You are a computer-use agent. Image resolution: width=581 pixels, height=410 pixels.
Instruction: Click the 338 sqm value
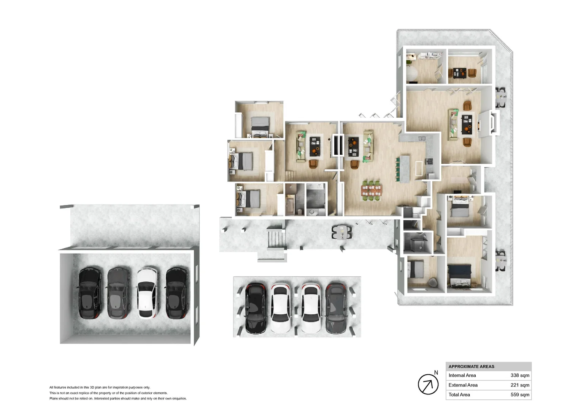[519, 375]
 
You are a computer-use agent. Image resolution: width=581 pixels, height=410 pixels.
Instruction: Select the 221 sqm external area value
[519, 385]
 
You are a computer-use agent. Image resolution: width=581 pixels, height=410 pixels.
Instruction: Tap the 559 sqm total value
[519, 395]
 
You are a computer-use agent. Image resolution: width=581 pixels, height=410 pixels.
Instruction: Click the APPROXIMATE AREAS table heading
[471, 366]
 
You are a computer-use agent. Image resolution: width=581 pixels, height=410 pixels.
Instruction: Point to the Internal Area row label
[462, 375]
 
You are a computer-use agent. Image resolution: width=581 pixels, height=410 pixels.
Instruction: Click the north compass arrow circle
[428, 384]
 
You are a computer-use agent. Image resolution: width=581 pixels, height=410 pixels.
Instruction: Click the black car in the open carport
[255, 308]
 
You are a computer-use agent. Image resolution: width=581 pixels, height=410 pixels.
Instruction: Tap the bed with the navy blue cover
[459, 275]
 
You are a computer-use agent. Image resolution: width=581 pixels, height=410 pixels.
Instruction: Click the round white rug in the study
[411, 74]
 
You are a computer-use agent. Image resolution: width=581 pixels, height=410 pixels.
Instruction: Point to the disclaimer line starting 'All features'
[100, 388]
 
